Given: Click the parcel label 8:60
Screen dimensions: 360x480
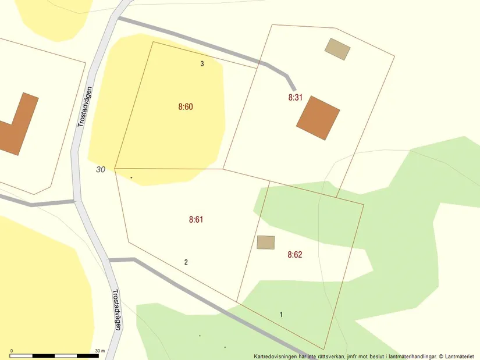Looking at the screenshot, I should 185,107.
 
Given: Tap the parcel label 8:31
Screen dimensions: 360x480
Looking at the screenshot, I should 295,98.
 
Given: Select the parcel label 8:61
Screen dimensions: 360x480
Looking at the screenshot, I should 195,220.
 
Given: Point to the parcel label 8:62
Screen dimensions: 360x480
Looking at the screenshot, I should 294,255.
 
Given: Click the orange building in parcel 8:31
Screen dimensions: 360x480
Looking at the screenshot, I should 318,118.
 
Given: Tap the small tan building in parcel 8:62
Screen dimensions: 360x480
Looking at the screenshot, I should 265,242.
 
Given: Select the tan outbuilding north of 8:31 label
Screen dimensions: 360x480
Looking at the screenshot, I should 337,49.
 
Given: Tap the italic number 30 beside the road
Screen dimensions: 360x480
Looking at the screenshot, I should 101,170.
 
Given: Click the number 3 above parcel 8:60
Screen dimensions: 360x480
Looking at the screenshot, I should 202,64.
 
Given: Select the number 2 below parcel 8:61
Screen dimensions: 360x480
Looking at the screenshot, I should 186,262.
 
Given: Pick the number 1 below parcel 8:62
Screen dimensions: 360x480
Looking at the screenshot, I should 281,315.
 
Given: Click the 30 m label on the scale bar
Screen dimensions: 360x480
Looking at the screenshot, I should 99,351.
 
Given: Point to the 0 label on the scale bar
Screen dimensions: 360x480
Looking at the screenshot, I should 12,351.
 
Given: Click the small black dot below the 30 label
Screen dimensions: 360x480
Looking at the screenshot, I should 131,177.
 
